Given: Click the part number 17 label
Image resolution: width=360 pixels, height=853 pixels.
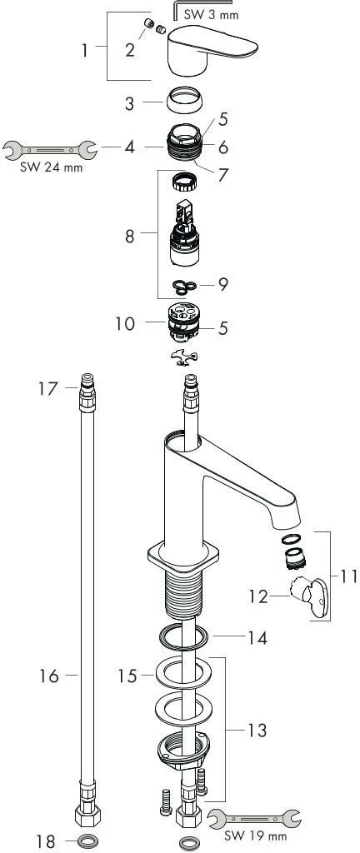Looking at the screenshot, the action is [x=47, y=389].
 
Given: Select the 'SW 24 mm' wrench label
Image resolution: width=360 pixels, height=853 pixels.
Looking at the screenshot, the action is [x=51, y=167].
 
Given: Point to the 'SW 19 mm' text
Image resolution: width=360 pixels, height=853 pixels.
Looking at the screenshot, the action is [x=257, y=835].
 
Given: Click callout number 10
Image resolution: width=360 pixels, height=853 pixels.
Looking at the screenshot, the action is [x=124, y=324].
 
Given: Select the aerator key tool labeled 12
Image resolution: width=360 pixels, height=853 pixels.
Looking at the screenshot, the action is [x=308, y=598].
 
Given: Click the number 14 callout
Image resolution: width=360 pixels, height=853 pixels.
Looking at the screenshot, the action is [x=257, y=637].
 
